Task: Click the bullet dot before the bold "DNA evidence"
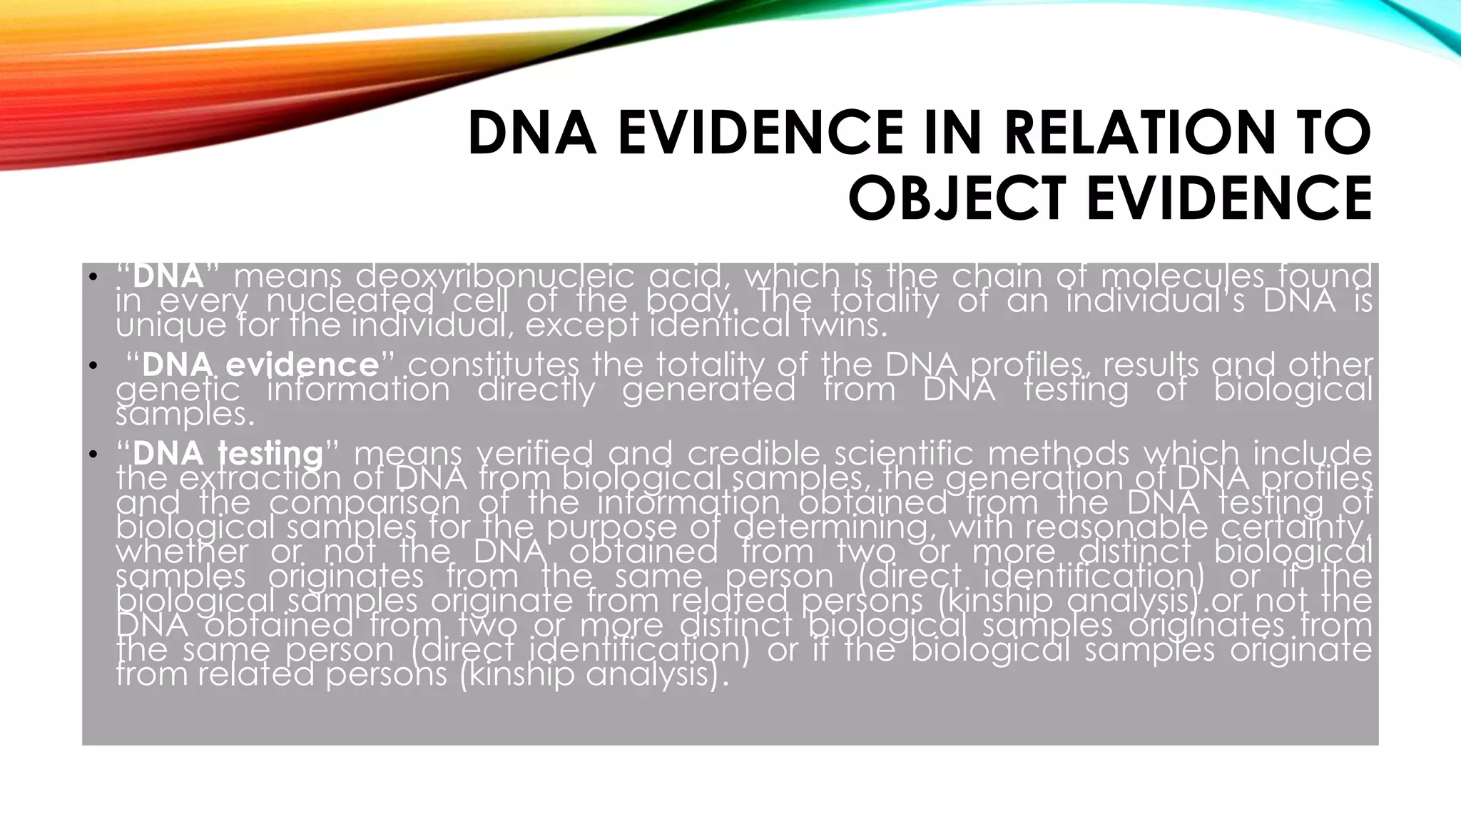tap(92, 366)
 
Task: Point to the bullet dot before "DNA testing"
tap(92, 455)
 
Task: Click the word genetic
tap(178, 390)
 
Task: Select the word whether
tap(183, 552)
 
